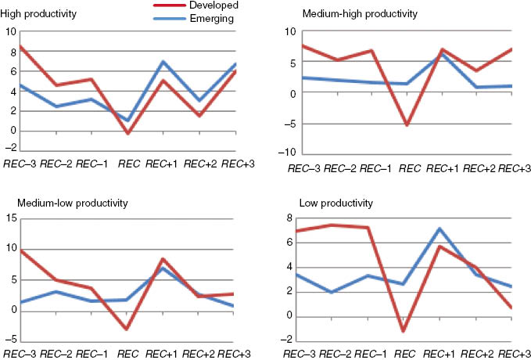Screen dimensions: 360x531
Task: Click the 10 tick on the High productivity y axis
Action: point(11,32)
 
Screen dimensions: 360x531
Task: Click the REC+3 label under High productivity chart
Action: point(239,164)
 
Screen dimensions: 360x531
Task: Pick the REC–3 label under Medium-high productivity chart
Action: point(303,168)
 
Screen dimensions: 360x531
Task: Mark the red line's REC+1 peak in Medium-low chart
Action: point(163,259)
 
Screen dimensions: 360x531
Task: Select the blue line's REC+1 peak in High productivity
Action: point(163,62)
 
